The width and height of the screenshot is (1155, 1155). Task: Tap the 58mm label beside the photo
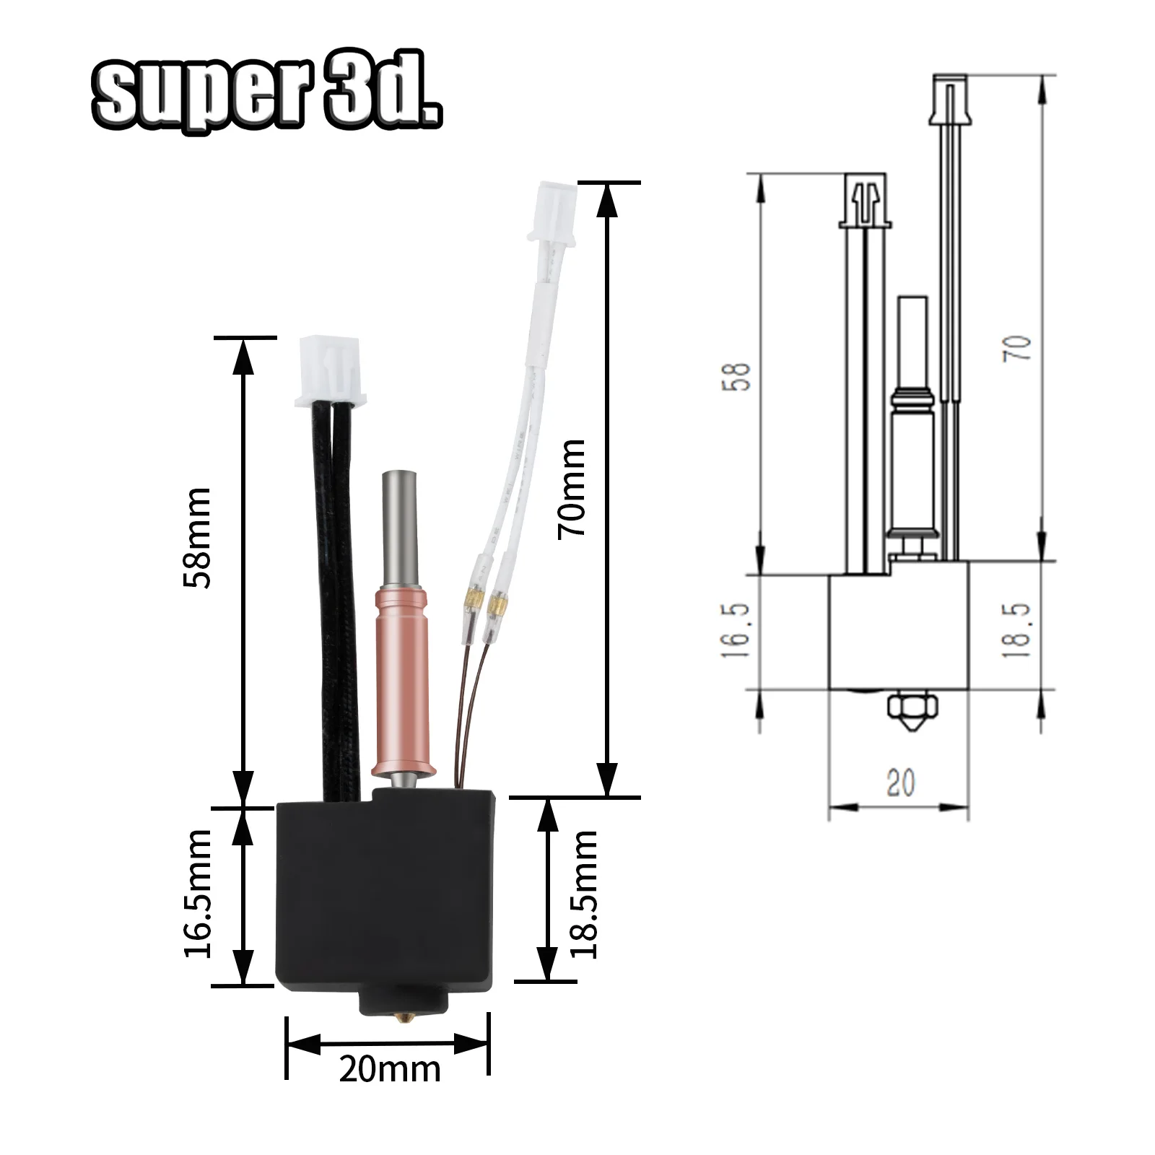pyautogui.click(x=197, y=538)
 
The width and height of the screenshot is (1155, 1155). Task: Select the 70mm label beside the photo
pyautogui.click(x=572, y=488)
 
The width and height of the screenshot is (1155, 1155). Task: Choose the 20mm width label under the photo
pyautogui.click(x=390, y=1069)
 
